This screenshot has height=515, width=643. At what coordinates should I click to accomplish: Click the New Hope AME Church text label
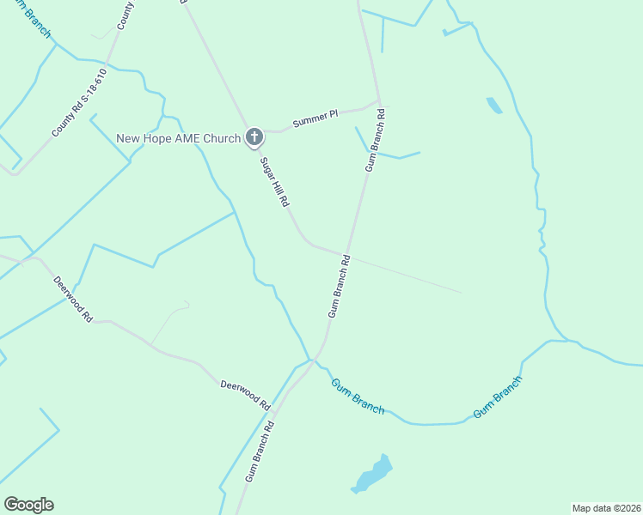click(178, 138)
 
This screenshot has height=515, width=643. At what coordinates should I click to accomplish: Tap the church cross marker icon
click(254, 136)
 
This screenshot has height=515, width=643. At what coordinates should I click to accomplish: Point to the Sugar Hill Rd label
click(273, 180)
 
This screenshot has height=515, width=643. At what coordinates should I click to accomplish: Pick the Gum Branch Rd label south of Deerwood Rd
click(258, 451)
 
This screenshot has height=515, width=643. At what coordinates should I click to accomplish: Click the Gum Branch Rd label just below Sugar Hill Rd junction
click(339, 286)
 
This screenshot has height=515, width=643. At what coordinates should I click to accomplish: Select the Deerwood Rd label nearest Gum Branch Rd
click(244, 395)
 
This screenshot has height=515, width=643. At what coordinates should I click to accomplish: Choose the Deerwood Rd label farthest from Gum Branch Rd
click(72, 298)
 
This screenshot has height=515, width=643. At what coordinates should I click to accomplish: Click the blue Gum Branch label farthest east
click(498, 397)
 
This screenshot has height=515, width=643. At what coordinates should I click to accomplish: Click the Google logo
click(28, 505)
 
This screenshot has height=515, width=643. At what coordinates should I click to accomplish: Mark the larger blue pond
click(374, 474)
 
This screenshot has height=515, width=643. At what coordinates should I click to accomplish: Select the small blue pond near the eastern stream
click(494, 106)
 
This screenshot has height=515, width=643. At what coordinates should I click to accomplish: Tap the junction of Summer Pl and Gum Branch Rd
click(378, 104)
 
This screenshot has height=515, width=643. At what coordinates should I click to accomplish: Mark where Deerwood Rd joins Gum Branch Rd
click(309, 360)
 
